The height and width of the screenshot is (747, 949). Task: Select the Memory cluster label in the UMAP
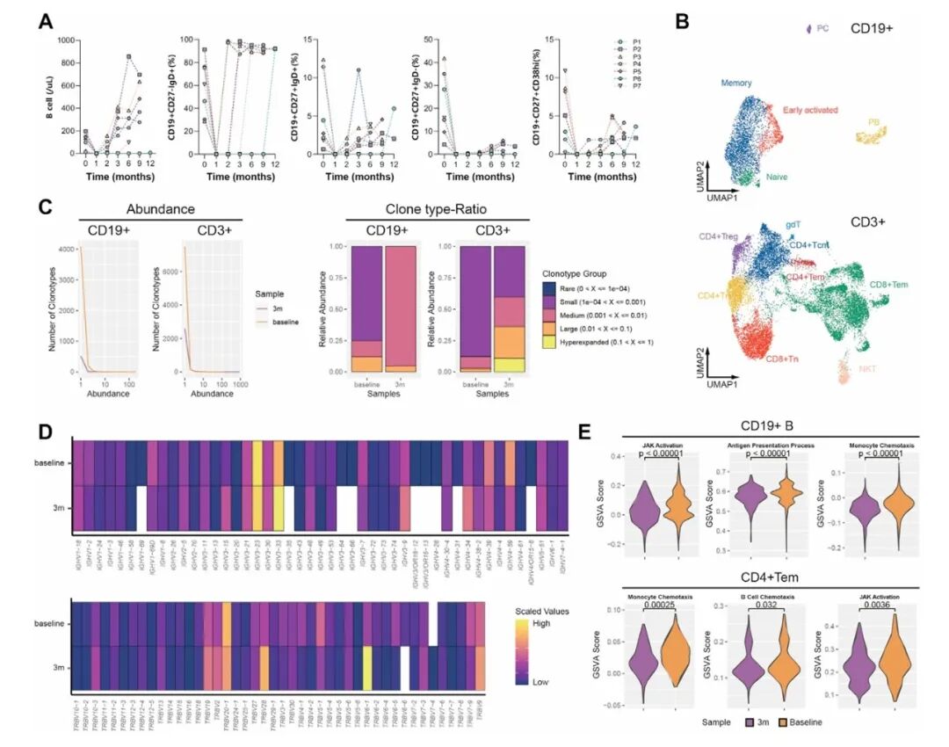coord(736,83)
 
